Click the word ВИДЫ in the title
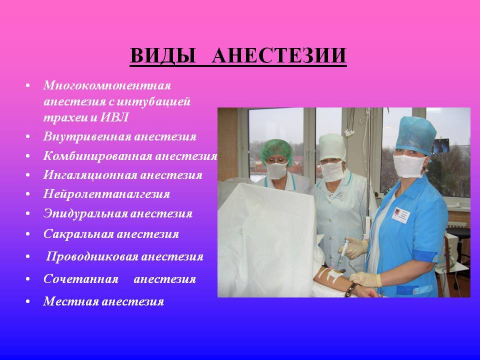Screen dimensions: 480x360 163,55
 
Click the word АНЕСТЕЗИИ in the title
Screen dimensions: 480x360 279,55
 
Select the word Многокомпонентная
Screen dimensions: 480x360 107,85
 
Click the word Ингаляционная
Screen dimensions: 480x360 89,175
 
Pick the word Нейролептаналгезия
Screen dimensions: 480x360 106,194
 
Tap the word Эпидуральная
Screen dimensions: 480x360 85,213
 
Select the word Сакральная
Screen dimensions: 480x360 78,234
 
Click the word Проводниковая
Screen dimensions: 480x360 91,256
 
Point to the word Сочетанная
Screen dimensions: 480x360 81,279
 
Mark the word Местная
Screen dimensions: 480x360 70,301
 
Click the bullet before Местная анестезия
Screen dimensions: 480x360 28,301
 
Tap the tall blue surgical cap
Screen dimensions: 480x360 415,136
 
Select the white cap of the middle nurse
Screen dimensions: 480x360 332,147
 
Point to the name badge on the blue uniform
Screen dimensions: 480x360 400,215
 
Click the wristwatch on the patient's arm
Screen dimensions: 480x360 350,290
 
